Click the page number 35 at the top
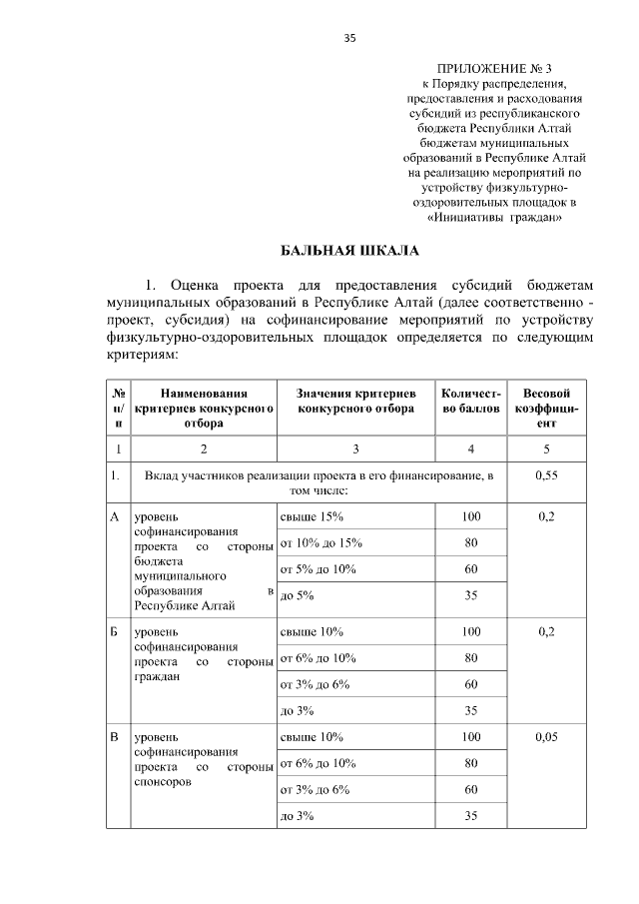(x=349, y=39)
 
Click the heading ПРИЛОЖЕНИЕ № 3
(x=493, y=68)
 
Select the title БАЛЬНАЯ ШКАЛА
(x=349, y=249)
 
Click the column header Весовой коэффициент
(x=546, y=409)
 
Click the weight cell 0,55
(x=546, y=476)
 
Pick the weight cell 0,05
(x=546, y=736)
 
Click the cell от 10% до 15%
(x=319, y=542)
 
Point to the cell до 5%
(x=297, y=595)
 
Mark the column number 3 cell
(x=355, y=449)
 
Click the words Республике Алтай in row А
(x=185, y=605)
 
